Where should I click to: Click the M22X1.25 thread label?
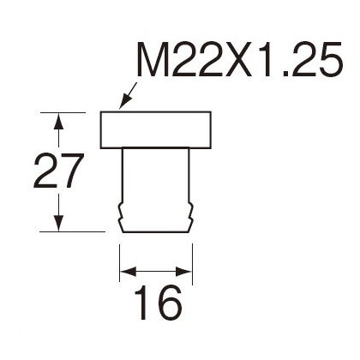(239, 59)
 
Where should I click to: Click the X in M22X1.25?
(239, 59)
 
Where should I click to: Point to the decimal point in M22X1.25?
(285, 74)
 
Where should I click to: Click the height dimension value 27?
(59, 171)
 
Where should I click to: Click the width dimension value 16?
(158, 303)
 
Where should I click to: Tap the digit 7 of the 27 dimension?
(72, 171)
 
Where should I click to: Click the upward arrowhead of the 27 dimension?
(58, 121)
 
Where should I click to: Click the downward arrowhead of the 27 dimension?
(58, 223)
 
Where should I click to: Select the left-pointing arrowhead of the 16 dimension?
(128, 272)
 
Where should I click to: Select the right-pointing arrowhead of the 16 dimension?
(183, 272)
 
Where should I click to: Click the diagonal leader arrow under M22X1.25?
(129, 96)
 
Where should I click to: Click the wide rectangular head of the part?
(156, 130)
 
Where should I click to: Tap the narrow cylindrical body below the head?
(156, 189)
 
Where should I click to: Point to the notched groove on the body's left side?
(120, 212)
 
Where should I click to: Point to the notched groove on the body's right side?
(191, 212)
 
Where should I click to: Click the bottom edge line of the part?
(156, 231)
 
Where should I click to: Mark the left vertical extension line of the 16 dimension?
(120, 263)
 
